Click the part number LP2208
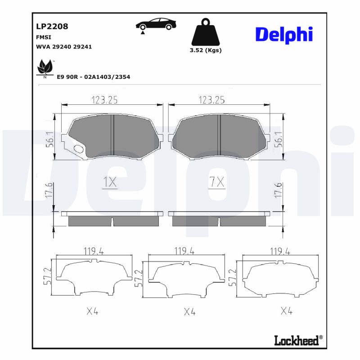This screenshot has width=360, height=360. click(x=52, y=26)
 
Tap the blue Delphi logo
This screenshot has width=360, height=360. click(x=283, y=35)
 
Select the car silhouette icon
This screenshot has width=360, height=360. click(x=155, y=25)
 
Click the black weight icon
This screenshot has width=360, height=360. click(x=205, y=31)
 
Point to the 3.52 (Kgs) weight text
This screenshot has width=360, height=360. click(x=206, y=50)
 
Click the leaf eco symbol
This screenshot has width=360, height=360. click(x=45, y=68)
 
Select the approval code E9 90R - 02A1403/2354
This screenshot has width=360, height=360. click(x=93, y=77)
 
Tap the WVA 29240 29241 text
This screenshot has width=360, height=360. click(x=63, y=46)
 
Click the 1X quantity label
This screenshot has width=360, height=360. click(x=110, y=182)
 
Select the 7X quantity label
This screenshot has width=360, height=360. click(x=216, y=182)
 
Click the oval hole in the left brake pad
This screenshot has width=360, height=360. click(x=78, y=149)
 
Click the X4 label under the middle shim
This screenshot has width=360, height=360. click(x=189, y=311)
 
